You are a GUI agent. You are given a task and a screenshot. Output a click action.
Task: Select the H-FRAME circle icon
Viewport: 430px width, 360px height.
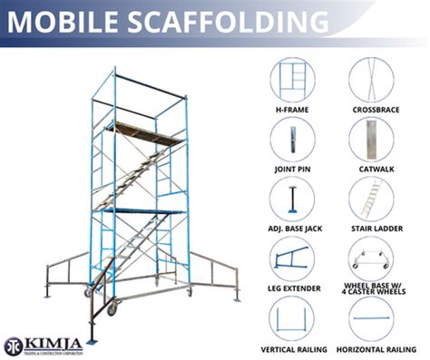[x=292, y=80]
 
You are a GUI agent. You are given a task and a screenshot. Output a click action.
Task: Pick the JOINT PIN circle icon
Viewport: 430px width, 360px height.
[x=292, y=139]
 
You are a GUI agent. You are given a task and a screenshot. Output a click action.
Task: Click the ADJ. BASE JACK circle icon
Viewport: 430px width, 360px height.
[x=292, y=198]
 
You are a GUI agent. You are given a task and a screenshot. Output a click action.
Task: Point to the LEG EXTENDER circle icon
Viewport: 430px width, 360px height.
[x=292, y=258]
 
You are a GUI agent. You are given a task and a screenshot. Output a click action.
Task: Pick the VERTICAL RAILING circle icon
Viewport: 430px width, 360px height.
[x=292, y=319]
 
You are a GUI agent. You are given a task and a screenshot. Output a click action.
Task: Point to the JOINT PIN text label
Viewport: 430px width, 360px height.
[x=292, y=170]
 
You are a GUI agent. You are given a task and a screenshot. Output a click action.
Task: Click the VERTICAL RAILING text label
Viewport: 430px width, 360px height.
[x=292, y=349]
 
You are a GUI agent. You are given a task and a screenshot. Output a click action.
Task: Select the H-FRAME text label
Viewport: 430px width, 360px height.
[x=292, y=110]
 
